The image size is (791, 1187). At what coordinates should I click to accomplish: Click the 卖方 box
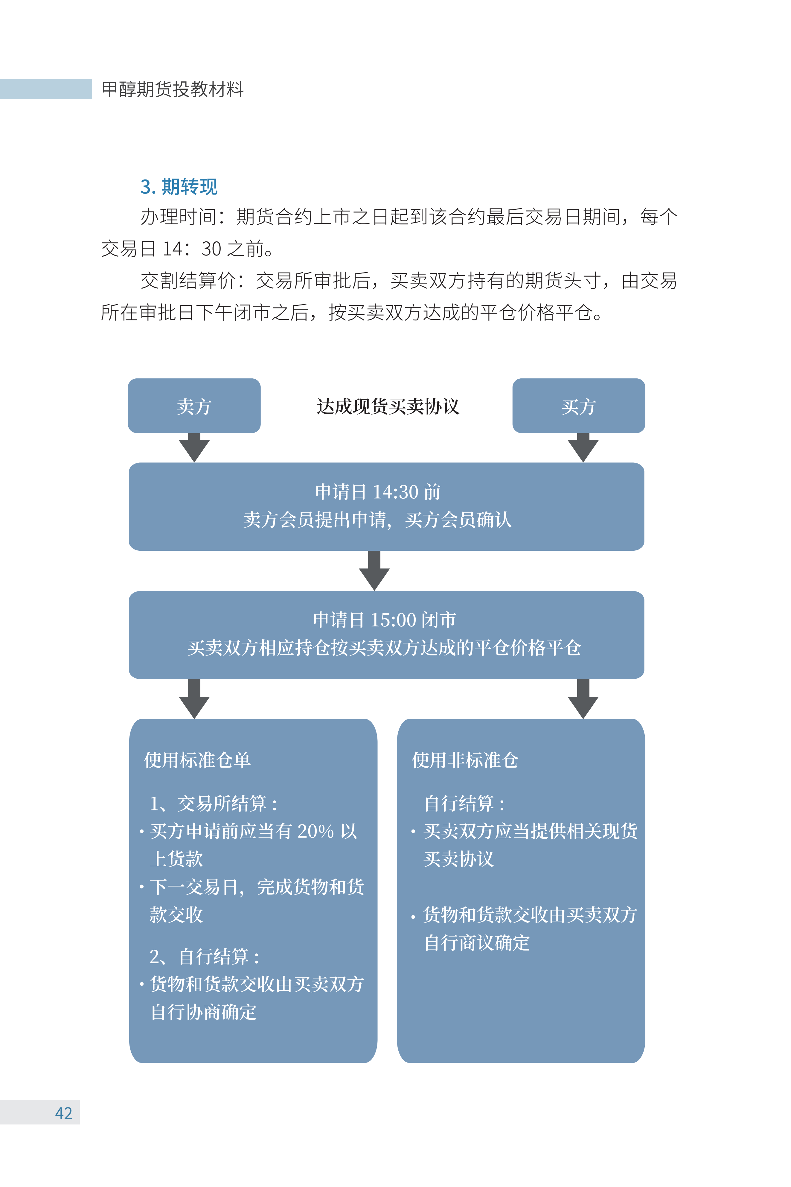tap(194, 406)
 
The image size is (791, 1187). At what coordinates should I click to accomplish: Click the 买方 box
tap(579, 406)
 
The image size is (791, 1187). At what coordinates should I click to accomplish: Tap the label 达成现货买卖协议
tap(388, 407)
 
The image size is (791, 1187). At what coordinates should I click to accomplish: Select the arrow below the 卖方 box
tap(194, 448)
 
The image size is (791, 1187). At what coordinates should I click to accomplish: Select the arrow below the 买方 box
tap(583, 448)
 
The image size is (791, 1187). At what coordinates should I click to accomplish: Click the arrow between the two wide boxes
tap(374, 570)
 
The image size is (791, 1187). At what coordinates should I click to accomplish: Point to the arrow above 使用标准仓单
tap(194, 699)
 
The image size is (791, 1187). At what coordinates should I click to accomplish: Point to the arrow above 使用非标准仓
tap(583, 699)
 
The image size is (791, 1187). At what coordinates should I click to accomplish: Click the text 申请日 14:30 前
tap(378, 492)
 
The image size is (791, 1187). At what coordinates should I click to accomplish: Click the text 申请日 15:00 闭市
tap(384, 620)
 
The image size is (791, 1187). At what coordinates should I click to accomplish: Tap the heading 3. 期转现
tap(179, 187)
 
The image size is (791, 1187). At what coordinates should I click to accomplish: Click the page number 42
tap(64, 1113)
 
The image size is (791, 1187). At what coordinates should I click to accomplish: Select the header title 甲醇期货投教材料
tap(173, 89)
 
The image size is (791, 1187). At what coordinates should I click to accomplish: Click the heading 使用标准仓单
tap(197, 760)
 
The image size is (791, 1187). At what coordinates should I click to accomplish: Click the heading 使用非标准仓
tap(465, 760)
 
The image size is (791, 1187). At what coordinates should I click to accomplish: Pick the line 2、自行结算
tap(204, 956)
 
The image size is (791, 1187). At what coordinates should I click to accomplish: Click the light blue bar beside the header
tap(46, 89)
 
